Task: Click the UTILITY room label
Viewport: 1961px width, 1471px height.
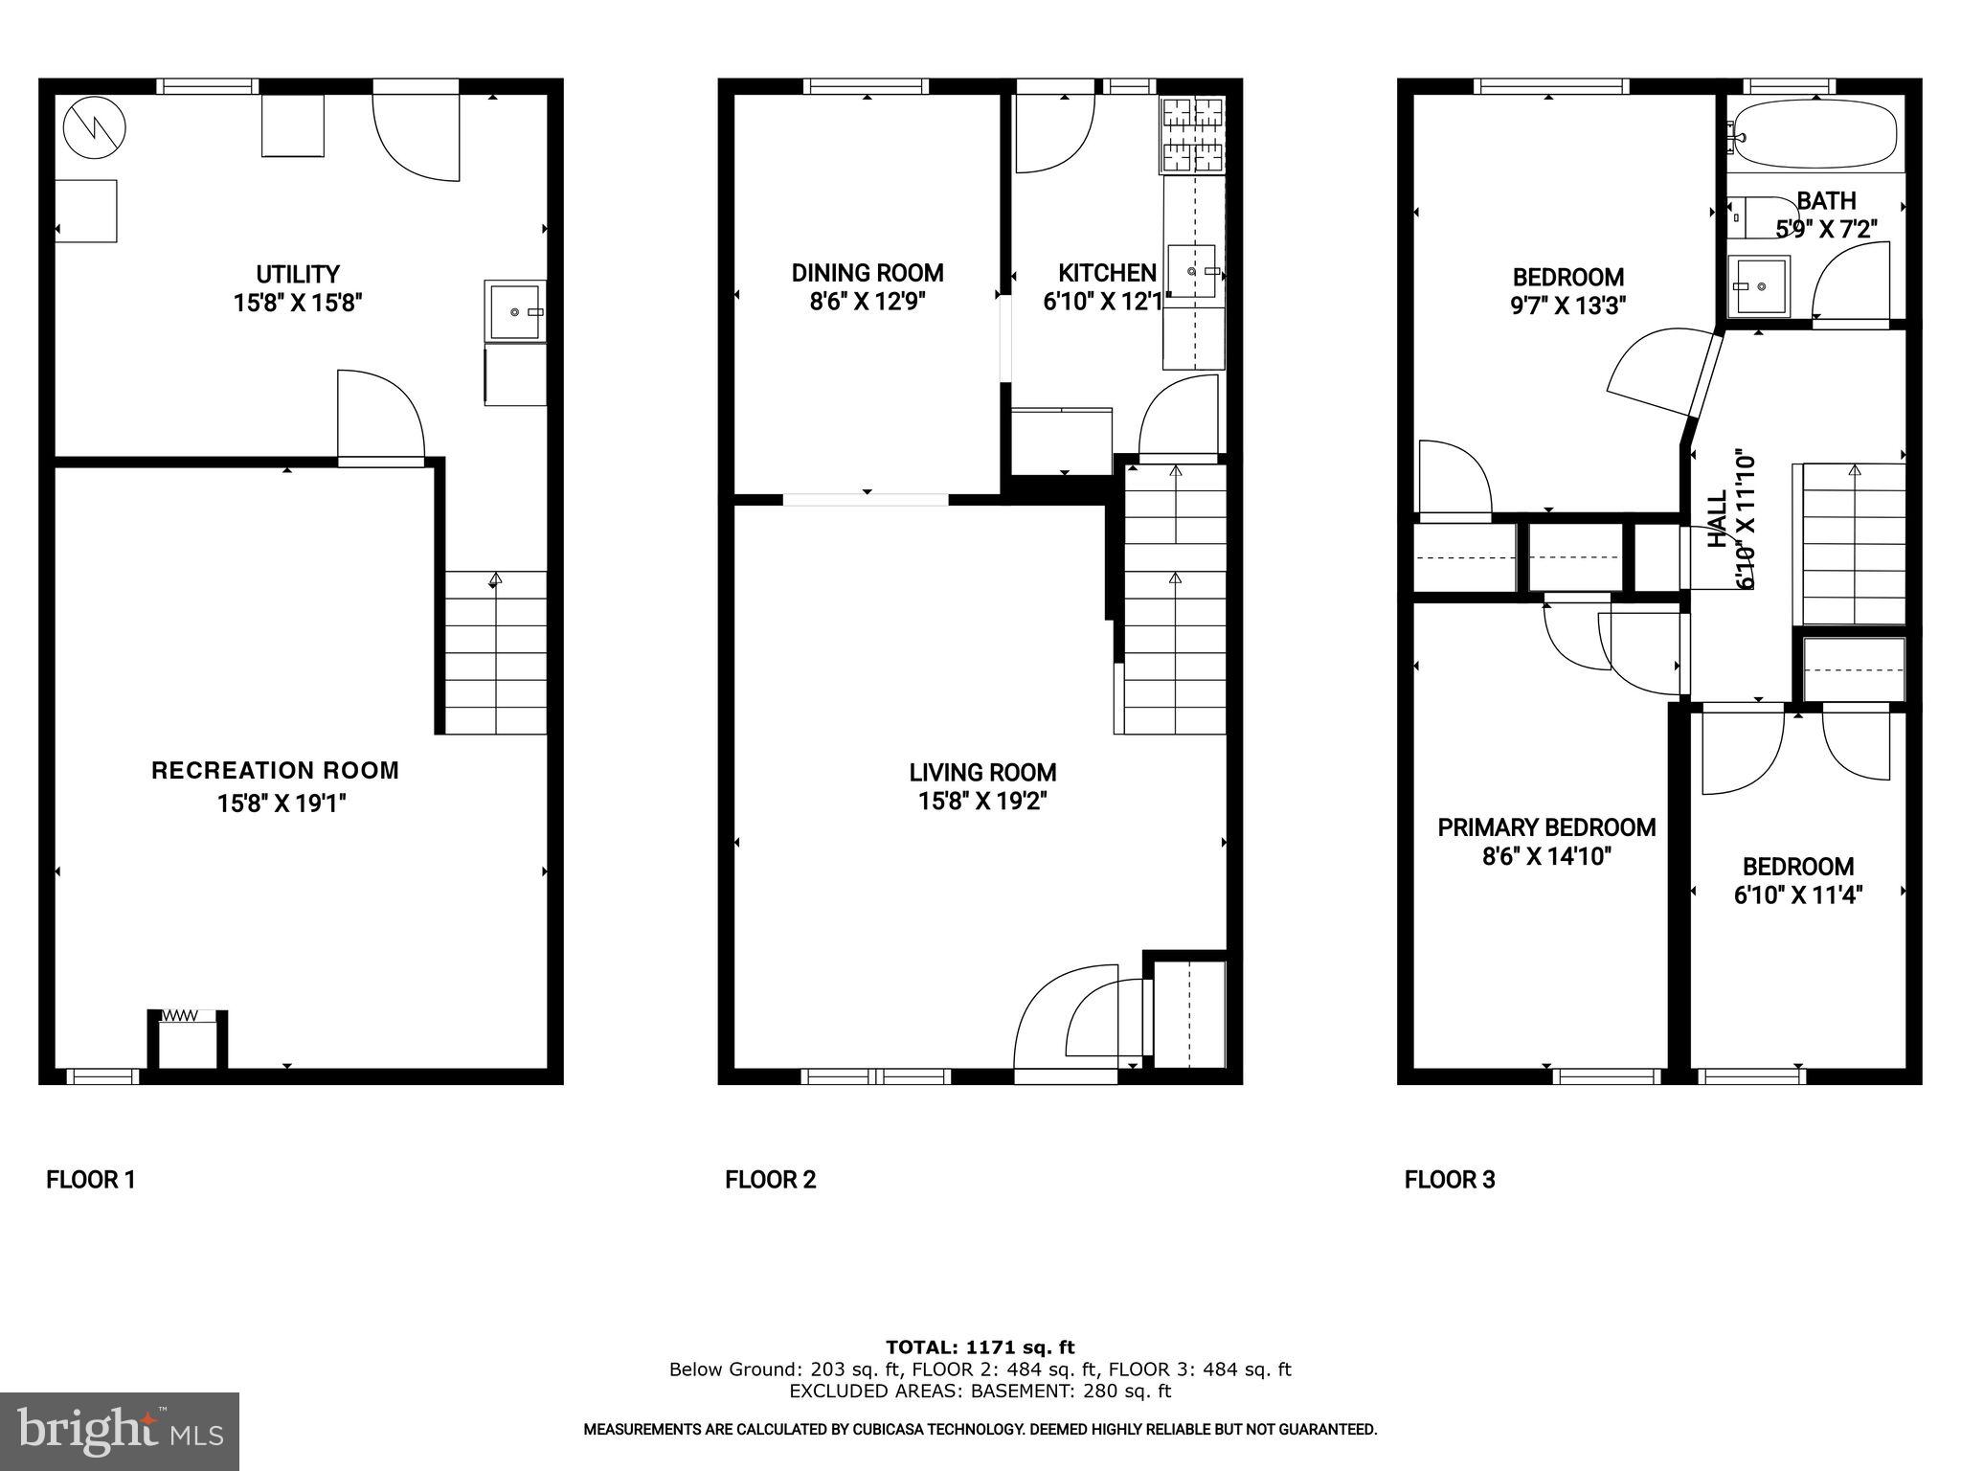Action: (297, 275)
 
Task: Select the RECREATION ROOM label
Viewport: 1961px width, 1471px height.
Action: (275, 771)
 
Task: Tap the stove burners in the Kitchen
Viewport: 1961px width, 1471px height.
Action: (1192, 136)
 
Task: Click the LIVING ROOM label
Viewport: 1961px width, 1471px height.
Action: (982, 773)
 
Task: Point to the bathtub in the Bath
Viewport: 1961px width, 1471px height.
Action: (1815, 137)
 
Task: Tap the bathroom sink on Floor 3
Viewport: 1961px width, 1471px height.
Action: (1758, 285)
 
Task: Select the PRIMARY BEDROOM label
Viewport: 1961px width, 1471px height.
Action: (1546, 827)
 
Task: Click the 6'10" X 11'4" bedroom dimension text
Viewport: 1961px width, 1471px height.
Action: (1797, 895)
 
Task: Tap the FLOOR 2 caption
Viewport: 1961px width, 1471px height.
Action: (770, 1180)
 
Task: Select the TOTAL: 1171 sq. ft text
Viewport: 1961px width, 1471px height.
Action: (980, 1347)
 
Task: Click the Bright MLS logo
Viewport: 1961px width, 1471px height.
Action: (120, 1431)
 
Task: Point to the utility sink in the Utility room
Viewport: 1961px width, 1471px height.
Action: (515, 310)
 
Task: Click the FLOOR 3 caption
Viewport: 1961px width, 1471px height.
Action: (1449, 1180)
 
